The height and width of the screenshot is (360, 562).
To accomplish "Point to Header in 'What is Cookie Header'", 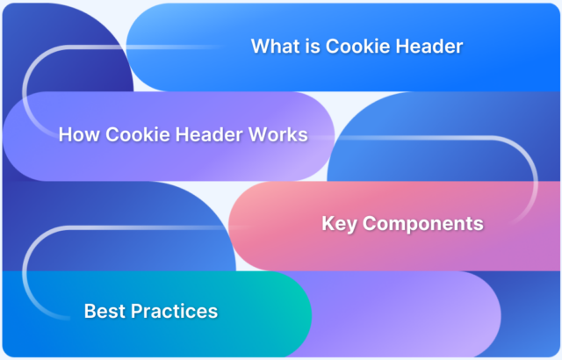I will point(429,46).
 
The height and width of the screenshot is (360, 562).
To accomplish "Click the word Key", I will point(338,224).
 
